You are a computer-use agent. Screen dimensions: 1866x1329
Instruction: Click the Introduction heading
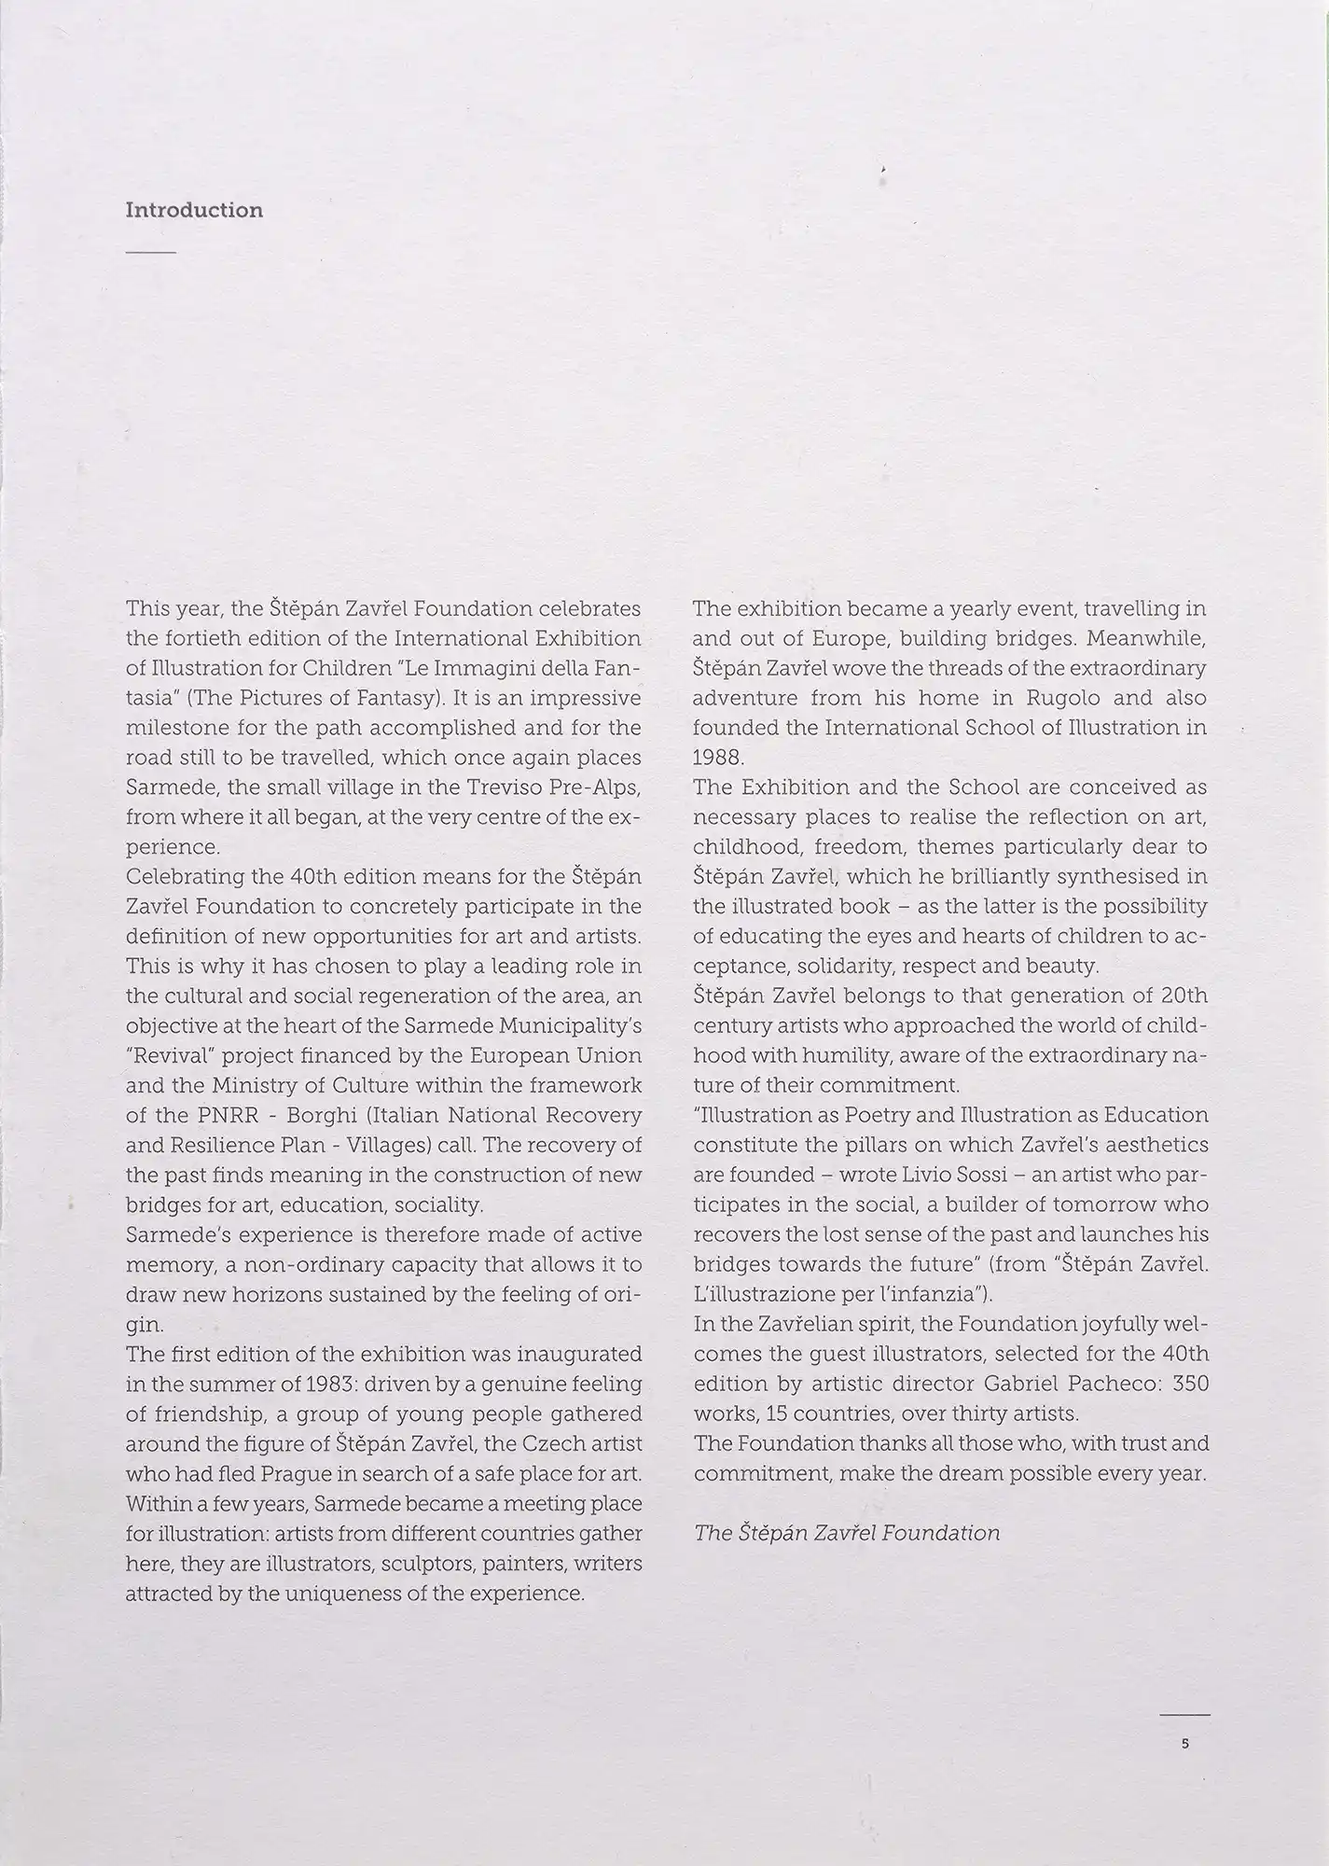pos(194,210)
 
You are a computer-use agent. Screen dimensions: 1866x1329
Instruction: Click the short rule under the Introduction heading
pos(150,253)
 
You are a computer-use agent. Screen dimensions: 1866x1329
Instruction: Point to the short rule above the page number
pos(1184,1715)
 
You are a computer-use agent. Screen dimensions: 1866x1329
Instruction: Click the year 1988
pos(718,758)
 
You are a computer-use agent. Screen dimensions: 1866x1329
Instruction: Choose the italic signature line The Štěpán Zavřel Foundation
pos(847,1533)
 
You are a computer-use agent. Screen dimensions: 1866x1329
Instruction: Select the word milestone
pos(178,728)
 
